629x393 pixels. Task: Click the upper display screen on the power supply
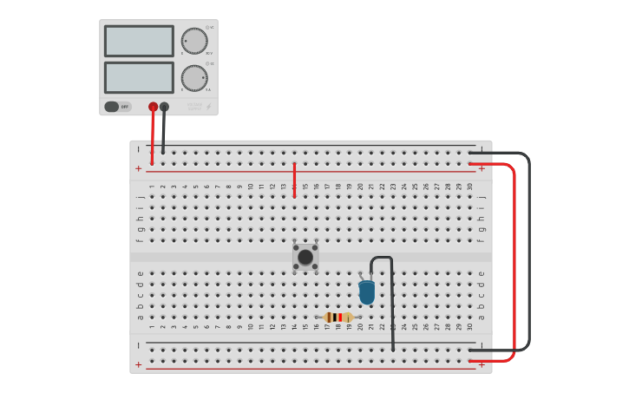coord(139,41)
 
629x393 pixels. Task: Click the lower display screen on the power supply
coord(139,77)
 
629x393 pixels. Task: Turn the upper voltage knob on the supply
coord(194,41)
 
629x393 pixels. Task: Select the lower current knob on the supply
coord(194,78)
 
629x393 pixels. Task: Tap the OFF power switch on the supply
coord(117,107)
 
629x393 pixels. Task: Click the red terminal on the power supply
coord(154,107)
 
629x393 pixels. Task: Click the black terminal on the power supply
coord(164,107)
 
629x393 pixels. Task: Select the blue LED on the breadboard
coord(367,291)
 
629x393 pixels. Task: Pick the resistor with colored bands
coord(338,318)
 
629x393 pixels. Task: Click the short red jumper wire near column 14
coord(294,180)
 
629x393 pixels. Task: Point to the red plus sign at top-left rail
coord(138,168)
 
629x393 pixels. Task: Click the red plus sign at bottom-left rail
coord(138,364)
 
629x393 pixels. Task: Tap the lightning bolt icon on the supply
coord(207,107)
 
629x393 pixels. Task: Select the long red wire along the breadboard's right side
coord(514,260)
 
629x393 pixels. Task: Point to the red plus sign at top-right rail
coord(482,168)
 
